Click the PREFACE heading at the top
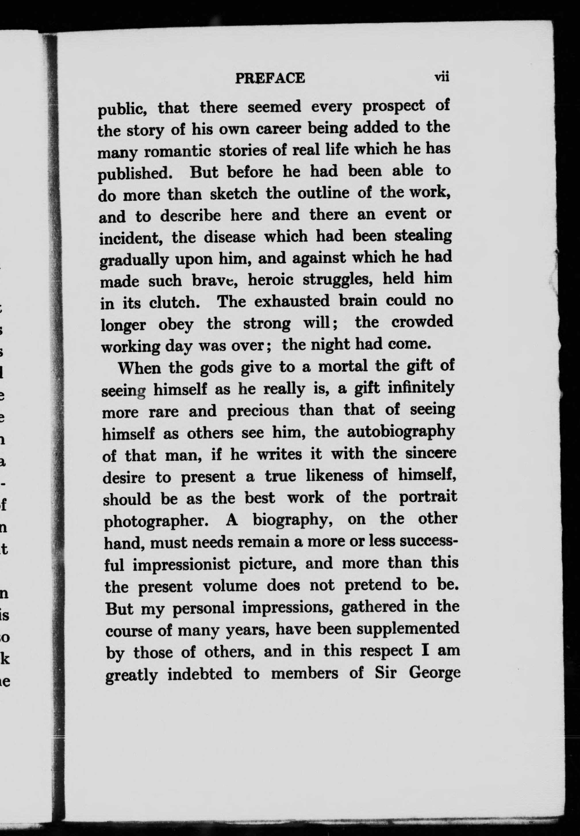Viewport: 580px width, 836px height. (x=270, y=78)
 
